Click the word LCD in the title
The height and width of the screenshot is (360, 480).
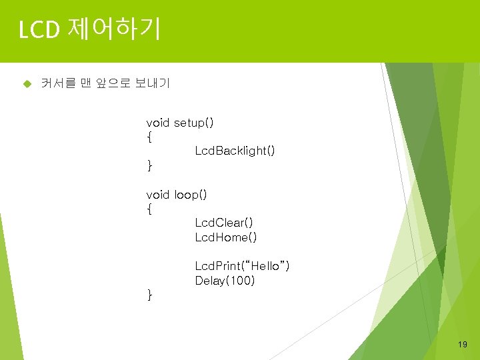coord(41,30)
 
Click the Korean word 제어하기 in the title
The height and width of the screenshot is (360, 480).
coord(113,30)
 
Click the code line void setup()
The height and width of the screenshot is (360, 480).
coord(180,123)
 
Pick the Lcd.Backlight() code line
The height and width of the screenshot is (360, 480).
coord(235,151)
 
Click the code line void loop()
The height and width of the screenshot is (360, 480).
coord(177,195)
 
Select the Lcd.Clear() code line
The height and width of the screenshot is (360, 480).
coord(224,223)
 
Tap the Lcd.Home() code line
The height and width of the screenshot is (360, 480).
coord(226,237)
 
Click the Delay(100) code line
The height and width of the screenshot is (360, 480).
coord(225,281)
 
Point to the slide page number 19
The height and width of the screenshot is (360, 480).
coord(463,345)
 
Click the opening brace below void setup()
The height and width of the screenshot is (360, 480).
coord(149,138)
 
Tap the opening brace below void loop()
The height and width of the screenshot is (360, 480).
coord(149,209)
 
